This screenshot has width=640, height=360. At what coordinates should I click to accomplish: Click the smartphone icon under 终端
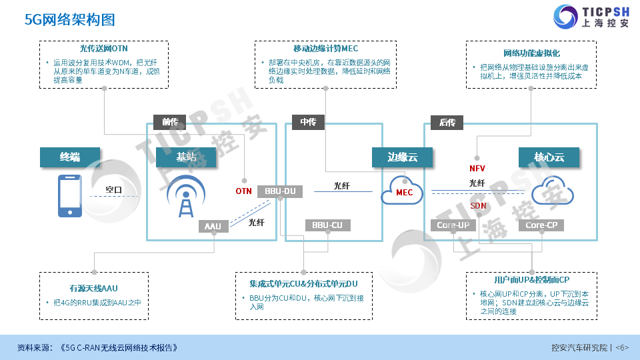point(70,195)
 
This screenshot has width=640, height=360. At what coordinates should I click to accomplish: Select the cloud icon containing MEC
point(404,191)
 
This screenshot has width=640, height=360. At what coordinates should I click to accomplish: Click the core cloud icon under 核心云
point(553,191)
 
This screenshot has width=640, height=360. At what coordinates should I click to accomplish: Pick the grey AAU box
point(213,227)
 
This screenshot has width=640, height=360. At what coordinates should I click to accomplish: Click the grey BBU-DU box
point(280,191)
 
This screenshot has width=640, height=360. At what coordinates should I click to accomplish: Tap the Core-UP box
point(453,225)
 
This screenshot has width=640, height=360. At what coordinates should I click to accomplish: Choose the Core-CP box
point(541,225)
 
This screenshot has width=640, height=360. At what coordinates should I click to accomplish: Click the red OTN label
point(243,191)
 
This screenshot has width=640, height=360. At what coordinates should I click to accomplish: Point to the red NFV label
point(477,168)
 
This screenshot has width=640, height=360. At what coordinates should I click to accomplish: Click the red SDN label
point(478,205)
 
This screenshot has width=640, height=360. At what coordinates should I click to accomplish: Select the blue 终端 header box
point(70,157)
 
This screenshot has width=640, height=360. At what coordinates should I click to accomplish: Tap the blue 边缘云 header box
point(403,157)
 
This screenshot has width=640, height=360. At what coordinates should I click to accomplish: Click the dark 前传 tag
point(170,122)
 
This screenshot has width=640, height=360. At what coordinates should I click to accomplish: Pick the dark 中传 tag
point(308,122)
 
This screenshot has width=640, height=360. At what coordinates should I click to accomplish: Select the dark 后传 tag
point(447,122)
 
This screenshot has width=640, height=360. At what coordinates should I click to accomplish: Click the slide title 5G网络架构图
point(70,20)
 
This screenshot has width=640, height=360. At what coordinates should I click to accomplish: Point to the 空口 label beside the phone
point(114,190)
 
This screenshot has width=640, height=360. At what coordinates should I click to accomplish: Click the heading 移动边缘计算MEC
point(325,49)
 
